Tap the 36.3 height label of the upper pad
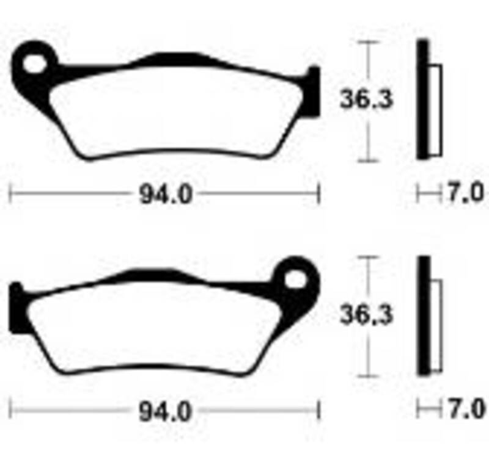tap(366, 99)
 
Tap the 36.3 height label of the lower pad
tap(366, 315)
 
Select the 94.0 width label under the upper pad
tap(166, 195)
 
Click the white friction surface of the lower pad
tap(153, 330)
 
